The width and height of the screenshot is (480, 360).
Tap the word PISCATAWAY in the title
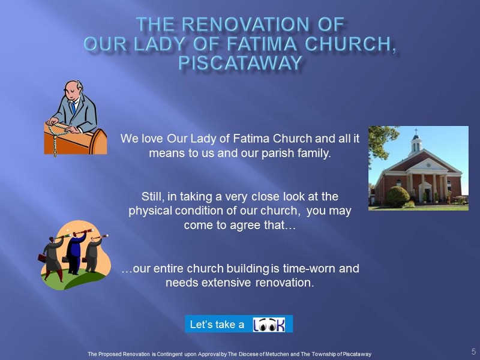241,63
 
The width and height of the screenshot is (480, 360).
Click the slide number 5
473,352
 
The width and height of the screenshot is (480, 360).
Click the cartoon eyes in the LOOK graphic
265,325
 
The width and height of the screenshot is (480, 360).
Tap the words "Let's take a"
217,325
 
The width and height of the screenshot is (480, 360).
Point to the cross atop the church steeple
416,131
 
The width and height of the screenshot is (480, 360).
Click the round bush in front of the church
398,196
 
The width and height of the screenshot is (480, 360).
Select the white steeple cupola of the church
416,144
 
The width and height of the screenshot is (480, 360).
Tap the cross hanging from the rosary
55,152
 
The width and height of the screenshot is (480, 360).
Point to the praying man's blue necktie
73,107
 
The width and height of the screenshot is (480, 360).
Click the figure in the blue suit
74,253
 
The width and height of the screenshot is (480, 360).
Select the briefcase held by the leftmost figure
42,258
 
